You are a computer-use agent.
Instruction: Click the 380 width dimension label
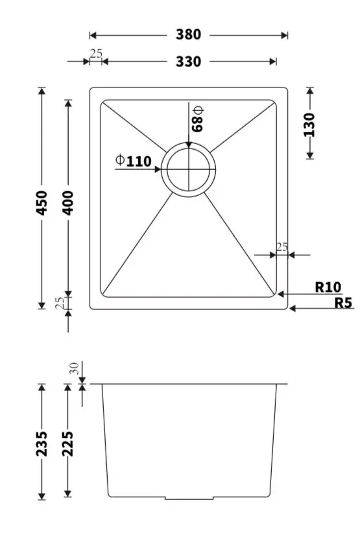point(188,34)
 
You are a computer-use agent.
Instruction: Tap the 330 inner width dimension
point(188,62)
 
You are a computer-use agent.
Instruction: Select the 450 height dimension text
point(42,202)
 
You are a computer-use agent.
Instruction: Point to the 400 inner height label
point(68,202)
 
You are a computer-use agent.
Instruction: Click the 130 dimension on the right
point(309,124)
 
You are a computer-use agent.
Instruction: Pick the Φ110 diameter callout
point(134,161)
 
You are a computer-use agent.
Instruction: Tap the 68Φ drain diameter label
point(197,119)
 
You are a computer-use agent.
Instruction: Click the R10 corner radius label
point(328,287)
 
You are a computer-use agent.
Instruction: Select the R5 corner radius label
point(343,303)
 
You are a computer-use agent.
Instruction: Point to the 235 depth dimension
point(42,444)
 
